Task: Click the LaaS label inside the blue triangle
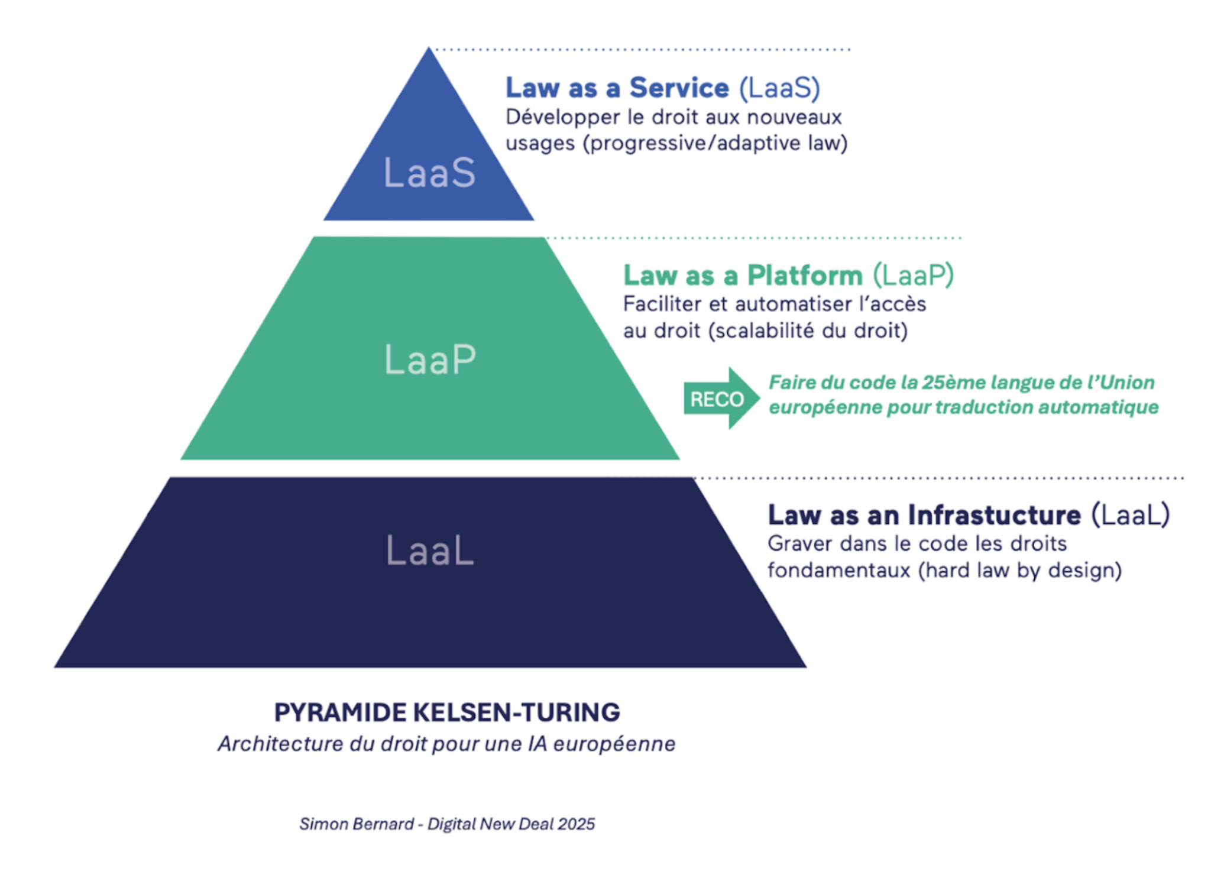[x=429, y=173]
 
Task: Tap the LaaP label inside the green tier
[x=430, y=359]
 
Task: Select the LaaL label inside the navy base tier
[x=430, y=550]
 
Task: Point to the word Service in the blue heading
[x=679, y=88]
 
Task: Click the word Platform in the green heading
[x=804, y=276]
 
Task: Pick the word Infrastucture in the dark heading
[x=995, y=515]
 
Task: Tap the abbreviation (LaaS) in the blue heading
[x=779, y=88]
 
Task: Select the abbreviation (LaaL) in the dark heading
[x=1130, y=515]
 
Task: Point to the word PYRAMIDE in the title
[x=340, y=712]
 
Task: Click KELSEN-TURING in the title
[x=516, y=712]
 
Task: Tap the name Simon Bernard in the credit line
[x=356, y=824]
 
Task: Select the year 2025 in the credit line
[x=576, y=824]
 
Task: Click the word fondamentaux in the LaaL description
[x=838, y=570]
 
